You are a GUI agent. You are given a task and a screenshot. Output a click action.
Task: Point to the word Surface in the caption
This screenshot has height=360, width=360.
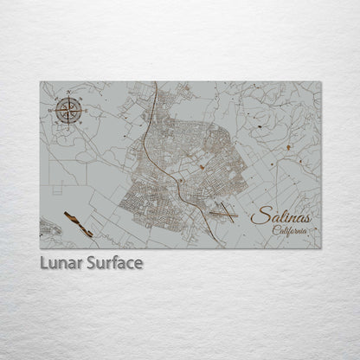(x=114, y=261)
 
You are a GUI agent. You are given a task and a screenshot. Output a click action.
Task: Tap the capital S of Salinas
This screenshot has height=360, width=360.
(x=257, y=216)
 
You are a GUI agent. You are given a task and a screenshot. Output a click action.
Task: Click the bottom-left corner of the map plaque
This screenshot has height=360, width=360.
(x=40, y=248)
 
